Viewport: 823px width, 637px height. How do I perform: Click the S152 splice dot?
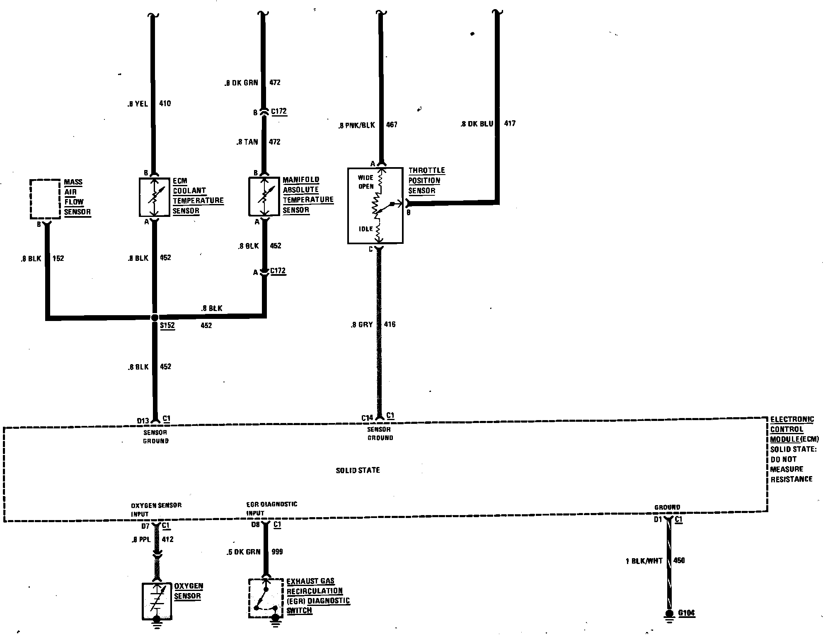(x=155, y=318)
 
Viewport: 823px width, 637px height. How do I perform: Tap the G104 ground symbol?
(x=669, y=614)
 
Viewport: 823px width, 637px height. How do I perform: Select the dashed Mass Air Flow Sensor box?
(x=45, y=199)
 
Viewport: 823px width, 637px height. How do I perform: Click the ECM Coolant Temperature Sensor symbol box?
(x=154, y=197)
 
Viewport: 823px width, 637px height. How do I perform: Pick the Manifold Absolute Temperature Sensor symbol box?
(x=264, y=197)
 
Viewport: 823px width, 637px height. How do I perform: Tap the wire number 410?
(x=165, y=103)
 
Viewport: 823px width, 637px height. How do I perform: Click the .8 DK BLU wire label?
(x=477, y=124)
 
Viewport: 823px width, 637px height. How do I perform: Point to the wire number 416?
(x=390, y=324)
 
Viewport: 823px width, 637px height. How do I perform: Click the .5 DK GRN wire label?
(x=243, y=552)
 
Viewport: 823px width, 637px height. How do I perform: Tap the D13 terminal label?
(x=143, y=421)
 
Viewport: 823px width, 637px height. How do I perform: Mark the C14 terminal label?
(x=367, y=418)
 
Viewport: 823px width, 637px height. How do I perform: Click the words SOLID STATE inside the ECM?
(x=358, y=470)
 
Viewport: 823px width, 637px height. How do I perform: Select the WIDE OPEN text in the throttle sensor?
(x=366, y=182)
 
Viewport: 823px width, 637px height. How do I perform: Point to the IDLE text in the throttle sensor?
(x=366, y=229)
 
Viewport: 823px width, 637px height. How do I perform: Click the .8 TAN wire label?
(x=247, y=142)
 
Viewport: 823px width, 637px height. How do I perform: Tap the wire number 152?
(x=58, y=258)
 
